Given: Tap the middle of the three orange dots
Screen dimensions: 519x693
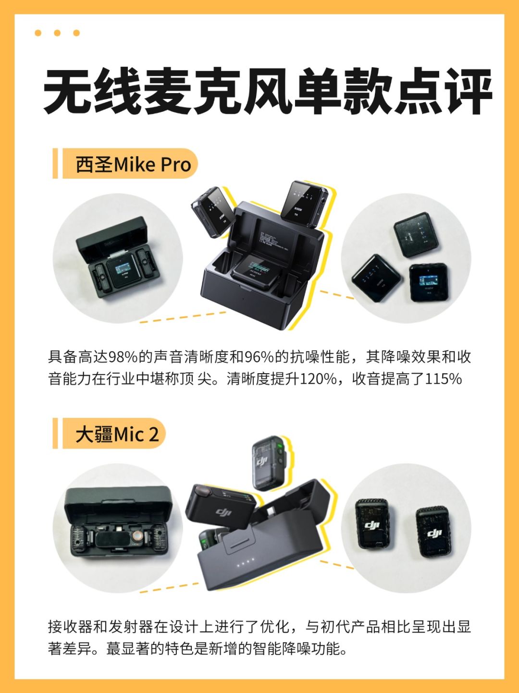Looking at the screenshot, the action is point(57,33).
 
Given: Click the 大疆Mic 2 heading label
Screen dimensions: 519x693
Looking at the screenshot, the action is point(117,434).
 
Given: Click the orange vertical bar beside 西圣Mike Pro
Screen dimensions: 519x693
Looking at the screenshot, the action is point(55,163).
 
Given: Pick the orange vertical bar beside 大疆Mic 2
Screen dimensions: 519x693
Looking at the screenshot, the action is point(55,433).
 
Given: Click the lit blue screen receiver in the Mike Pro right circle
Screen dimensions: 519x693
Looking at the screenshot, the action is point(429,282).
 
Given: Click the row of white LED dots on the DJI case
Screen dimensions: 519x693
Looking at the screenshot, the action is point(246,561).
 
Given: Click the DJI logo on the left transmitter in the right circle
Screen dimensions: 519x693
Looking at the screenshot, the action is point(372,524).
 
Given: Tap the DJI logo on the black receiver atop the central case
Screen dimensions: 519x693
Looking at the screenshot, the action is point(223,512).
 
